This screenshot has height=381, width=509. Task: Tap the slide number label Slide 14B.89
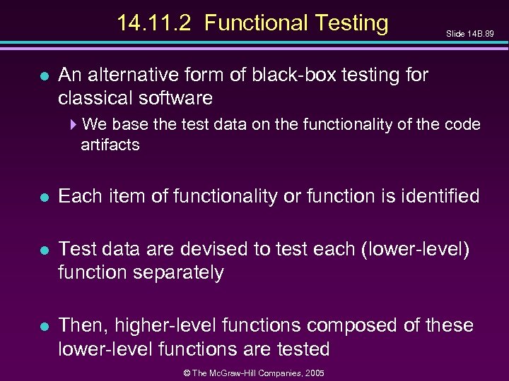(x=469, y=33)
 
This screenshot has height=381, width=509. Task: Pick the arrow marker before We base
(x=75, y=126)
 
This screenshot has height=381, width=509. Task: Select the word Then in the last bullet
(x=79, y=326)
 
